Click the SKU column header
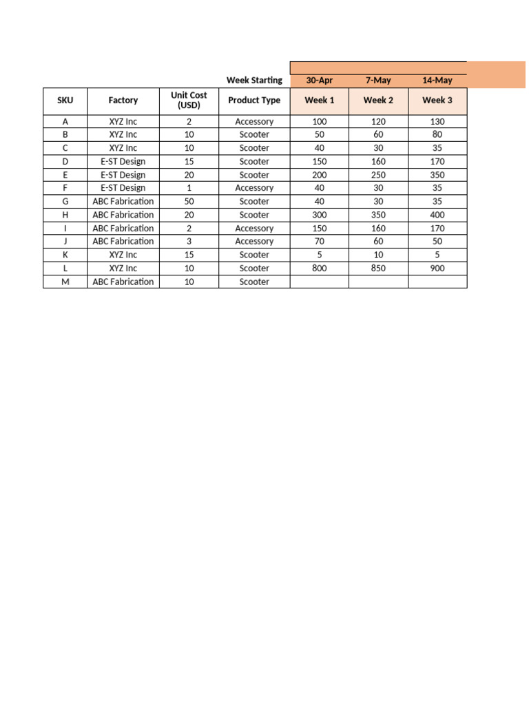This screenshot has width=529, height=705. click(x=65, y=101)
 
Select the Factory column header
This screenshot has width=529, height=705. click(x=123, y=101)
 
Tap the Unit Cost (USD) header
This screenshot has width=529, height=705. click(x=189, y=101)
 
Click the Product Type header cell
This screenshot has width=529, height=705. click(x=254, y=101)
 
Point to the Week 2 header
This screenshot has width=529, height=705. click(x=378, y=101)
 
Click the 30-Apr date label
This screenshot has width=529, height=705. click(x=320, y=81)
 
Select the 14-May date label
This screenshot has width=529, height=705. click(x=437, y=81)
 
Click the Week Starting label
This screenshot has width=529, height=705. click(x=254, y=81)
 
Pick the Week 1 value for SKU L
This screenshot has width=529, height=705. click(x=320, y=269)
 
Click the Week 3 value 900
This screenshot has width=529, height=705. click(x=437, y=269)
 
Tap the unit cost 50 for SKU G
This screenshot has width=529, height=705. click(x=189, y=202)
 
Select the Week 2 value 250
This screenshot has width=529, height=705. click(x=378, y=175)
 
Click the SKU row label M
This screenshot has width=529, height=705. click(x=65, y=282)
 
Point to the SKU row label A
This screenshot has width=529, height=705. click(x=65, y=122)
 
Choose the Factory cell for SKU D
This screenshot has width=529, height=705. click(x=123, y=162)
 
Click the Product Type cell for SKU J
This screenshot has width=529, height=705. click(x=254, y=242)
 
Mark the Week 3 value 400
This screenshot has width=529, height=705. click(x=437, y=215)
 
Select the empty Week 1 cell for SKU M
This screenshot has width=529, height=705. click(x=320, y=282)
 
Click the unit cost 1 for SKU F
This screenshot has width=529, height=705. click(x=189, y=188)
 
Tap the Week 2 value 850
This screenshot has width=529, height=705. click(x=378, y=269)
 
